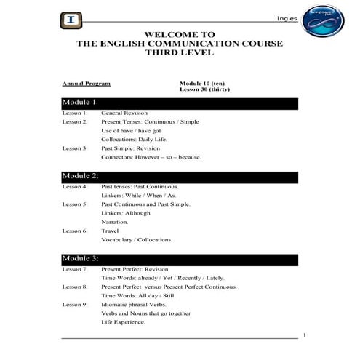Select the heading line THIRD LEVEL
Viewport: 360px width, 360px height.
tap(180, 53)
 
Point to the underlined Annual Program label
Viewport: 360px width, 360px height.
tap(81, 84)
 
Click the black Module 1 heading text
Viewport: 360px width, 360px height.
tap(80, 103)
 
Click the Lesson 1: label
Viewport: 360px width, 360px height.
tap(75, 113)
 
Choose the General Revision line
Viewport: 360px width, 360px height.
tap(124, 113)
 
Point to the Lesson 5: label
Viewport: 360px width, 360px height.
tap(75, 204)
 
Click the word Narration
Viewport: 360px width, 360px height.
tap(115, 222)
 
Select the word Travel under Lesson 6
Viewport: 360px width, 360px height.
tap(110, 231)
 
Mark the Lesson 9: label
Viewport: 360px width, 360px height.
tap(75, 304)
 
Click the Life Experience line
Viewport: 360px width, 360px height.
tap(124, 321)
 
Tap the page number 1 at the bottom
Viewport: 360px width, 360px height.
tap(303, 335)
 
